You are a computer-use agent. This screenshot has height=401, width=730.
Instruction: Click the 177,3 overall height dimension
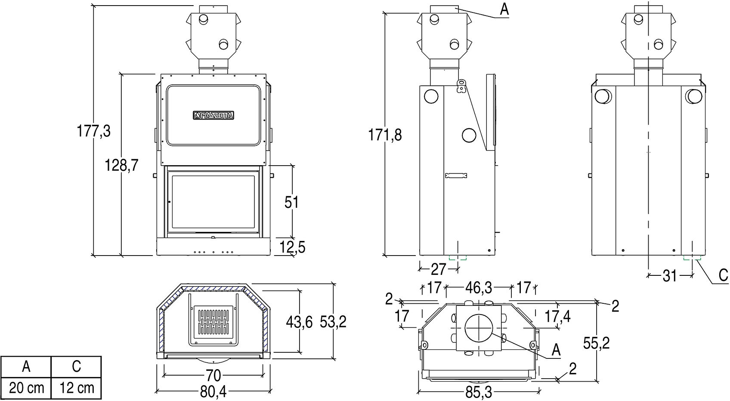(x=94, y=131)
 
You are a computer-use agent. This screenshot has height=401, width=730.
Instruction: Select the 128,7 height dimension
(x=121, y=165)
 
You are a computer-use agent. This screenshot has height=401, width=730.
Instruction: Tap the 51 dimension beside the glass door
(x=291, y=202)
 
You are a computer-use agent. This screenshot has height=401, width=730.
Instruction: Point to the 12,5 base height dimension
(x=292, y=247)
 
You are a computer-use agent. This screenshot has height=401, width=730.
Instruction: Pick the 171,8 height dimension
(x=385, y=135)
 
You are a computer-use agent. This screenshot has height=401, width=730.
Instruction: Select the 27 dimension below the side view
(x=438, y=269)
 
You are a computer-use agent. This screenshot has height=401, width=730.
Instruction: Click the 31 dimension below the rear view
(x=670, y=276)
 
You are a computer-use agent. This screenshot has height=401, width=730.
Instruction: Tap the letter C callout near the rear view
(x=723, y=275)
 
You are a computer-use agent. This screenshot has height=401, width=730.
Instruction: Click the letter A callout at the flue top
(x=504, y=9)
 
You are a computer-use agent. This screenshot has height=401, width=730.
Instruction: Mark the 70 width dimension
(x=213, y=376)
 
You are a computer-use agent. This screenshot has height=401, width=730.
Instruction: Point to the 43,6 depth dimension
(x=299, y=323)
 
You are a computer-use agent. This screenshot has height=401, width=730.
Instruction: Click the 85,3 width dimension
(x=478, y=392)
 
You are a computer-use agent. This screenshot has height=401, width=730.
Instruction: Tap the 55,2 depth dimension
(x=597, y=342)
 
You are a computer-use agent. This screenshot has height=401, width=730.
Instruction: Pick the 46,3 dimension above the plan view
(x=478, y=288)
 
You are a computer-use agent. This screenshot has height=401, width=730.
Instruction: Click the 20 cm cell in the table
(x=26, y=388)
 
